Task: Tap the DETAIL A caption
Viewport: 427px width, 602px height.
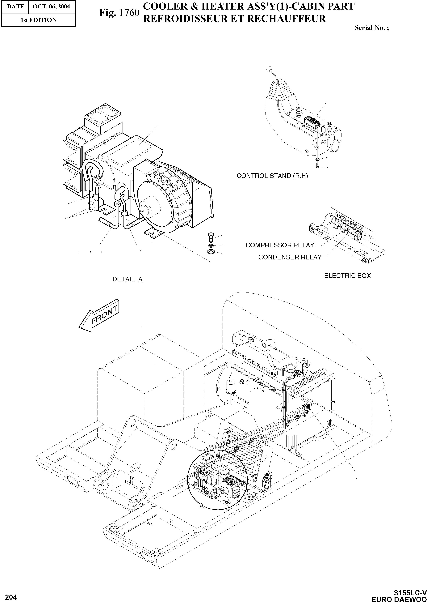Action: coord(127,280)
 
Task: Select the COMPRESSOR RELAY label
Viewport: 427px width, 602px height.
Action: coord(280,245)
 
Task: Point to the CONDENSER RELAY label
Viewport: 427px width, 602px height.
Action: coord(290,257)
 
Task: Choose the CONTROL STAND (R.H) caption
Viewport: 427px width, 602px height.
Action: coord(272,176)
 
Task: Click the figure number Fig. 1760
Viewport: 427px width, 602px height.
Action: coord(119,13)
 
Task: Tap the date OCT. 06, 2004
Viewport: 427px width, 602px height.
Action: coord(51,6)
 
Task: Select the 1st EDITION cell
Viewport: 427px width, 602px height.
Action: coord(38,20)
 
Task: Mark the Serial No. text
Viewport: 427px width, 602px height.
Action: coord(371,28)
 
